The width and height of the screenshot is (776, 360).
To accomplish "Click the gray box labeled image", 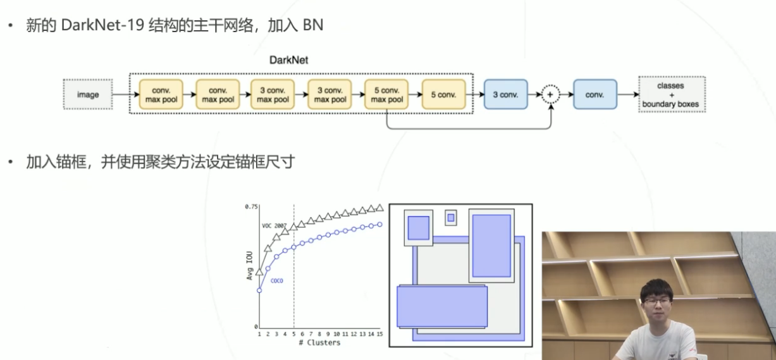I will [x=88, y=95].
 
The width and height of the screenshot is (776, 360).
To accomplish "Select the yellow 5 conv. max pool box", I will [x=387, y=95].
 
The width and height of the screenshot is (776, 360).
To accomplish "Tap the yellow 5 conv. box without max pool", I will [x=443, y=95].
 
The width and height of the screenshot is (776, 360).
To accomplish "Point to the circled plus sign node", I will [x=550, y=95].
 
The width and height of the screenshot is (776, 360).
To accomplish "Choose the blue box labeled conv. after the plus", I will [x=594, y=95].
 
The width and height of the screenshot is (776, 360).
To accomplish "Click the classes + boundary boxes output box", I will [x=671, y=95].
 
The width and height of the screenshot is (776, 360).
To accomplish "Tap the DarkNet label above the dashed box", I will [x=289, y=61].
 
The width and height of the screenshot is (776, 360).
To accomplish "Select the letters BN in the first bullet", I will [x=313, y=27].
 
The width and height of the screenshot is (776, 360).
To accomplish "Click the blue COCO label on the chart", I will [x=276, y=280].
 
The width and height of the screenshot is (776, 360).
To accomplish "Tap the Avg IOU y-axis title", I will [x=250, y=266].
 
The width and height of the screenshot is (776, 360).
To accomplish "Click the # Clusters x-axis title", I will [x=319, y=343].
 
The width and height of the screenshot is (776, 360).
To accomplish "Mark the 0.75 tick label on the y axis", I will [x=252, y=207].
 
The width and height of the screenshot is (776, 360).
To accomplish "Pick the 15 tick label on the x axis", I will [x=379, y=333].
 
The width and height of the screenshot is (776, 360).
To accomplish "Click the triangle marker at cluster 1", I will [x=259, y=271].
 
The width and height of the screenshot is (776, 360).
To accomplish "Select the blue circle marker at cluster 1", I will [x=259, y=290].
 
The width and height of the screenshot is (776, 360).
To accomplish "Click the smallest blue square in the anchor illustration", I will [x=451, y=218].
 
